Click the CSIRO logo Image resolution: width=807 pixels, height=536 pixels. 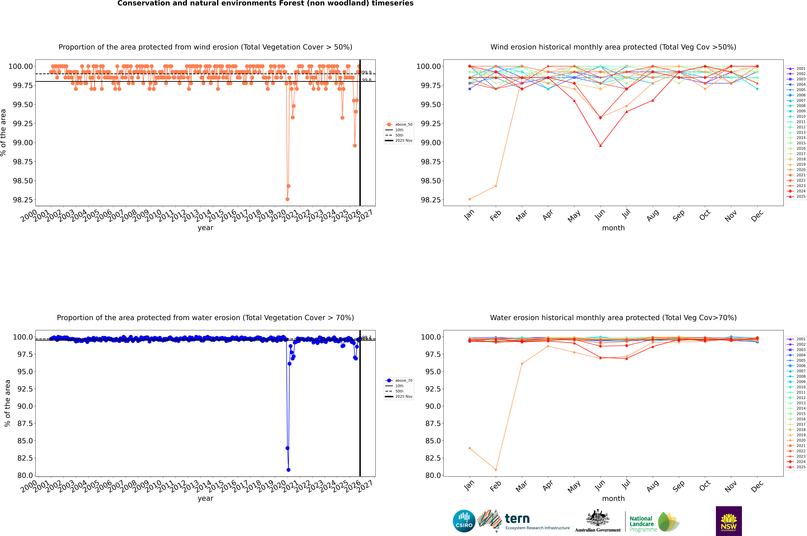(464, 521)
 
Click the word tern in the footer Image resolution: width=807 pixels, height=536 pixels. (517, 519)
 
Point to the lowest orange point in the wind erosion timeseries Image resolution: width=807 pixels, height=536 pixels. (287, 199)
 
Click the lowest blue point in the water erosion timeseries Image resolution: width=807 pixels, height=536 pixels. (288, 470)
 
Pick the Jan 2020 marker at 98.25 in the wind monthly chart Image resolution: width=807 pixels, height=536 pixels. (470, 199)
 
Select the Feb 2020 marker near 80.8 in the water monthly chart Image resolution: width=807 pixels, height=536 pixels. (496, 470)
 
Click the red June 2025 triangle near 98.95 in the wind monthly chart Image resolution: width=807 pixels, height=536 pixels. (600, 146)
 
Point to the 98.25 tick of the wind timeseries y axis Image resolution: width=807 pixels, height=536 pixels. (23, 200)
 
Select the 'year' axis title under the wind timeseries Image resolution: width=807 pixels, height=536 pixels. (205, 228)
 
